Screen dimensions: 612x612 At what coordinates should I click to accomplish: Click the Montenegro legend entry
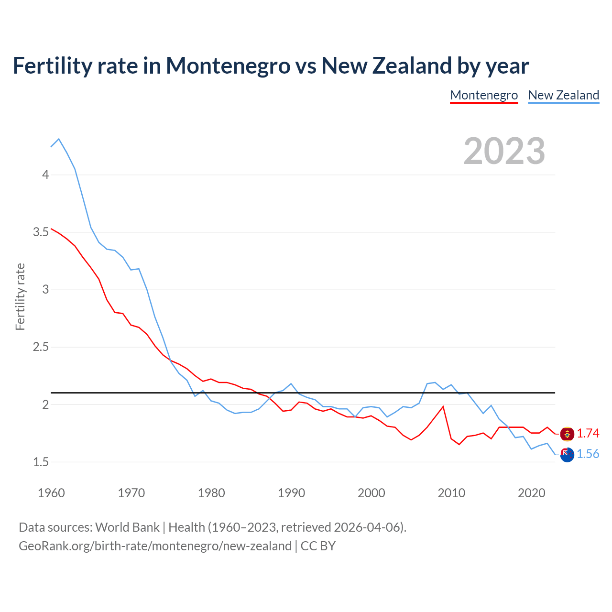click(484, 95)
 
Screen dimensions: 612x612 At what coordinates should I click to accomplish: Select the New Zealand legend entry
click(563, 95)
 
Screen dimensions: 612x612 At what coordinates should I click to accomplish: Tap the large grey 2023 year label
click(504, 151)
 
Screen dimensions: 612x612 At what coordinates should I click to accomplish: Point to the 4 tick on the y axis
click(45, 175)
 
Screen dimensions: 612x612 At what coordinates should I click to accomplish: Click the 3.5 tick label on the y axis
click(41, 232)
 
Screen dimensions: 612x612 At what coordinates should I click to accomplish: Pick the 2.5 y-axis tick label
click(41, 347)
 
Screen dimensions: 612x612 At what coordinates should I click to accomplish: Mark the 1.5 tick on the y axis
click(41, 462)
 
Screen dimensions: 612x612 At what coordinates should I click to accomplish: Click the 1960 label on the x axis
click(51, 493)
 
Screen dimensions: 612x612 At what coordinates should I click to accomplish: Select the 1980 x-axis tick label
click(211, 493)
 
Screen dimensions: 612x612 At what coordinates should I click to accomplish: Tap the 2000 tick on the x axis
click(371, 493)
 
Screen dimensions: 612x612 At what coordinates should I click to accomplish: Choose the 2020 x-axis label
click(531, 493)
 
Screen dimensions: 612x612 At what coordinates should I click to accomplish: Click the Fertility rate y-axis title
click(20, 296)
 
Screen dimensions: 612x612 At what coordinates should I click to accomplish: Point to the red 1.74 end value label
click(588, 433)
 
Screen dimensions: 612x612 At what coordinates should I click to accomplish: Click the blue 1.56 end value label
click(588, 454)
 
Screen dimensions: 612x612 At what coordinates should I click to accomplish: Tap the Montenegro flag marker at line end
click(567, 434)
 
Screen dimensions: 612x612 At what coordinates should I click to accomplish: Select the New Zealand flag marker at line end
click(567, 455)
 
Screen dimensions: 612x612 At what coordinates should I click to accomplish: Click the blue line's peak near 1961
click(59, 139)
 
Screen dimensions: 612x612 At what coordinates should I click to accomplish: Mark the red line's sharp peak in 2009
click(443, 407)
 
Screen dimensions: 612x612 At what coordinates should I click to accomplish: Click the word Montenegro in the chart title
click(228, 66)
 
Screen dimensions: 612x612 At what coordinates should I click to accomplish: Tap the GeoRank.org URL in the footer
click(155, 546)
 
